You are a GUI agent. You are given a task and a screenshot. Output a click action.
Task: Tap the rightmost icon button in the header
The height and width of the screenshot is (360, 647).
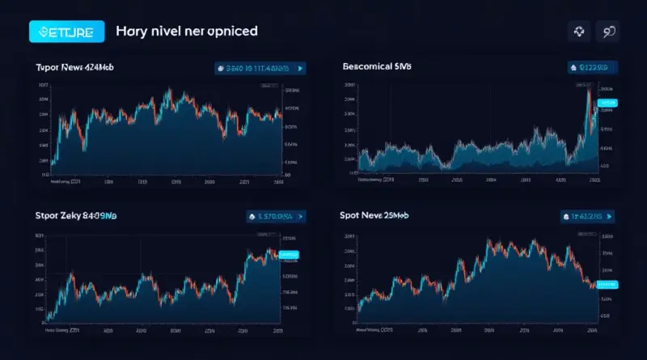pyautogui.click(x=607, y=32)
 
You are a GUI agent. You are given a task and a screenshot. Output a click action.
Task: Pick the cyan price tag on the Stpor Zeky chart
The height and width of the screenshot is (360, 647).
pyautogui.click(x=289, y=254)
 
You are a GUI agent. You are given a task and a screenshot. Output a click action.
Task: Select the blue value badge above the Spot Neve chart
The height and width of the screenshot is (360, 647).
pyautogui.click(x=588, y=217)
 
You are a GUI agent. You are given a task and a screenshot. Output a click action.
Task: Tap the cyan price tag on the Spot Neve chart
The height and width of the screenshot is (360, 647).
pyautogui.click(x=605, y=284)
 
